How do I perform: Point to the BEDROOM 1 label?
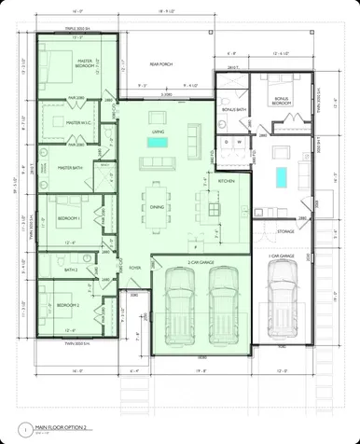click(x=70, y=217)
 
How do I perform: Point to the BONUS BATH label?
click(x=233, y=110)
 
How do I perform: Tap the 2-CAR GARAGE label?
click(x=201, y=263)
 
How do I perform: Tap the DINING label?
click(x=157, y=207)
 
